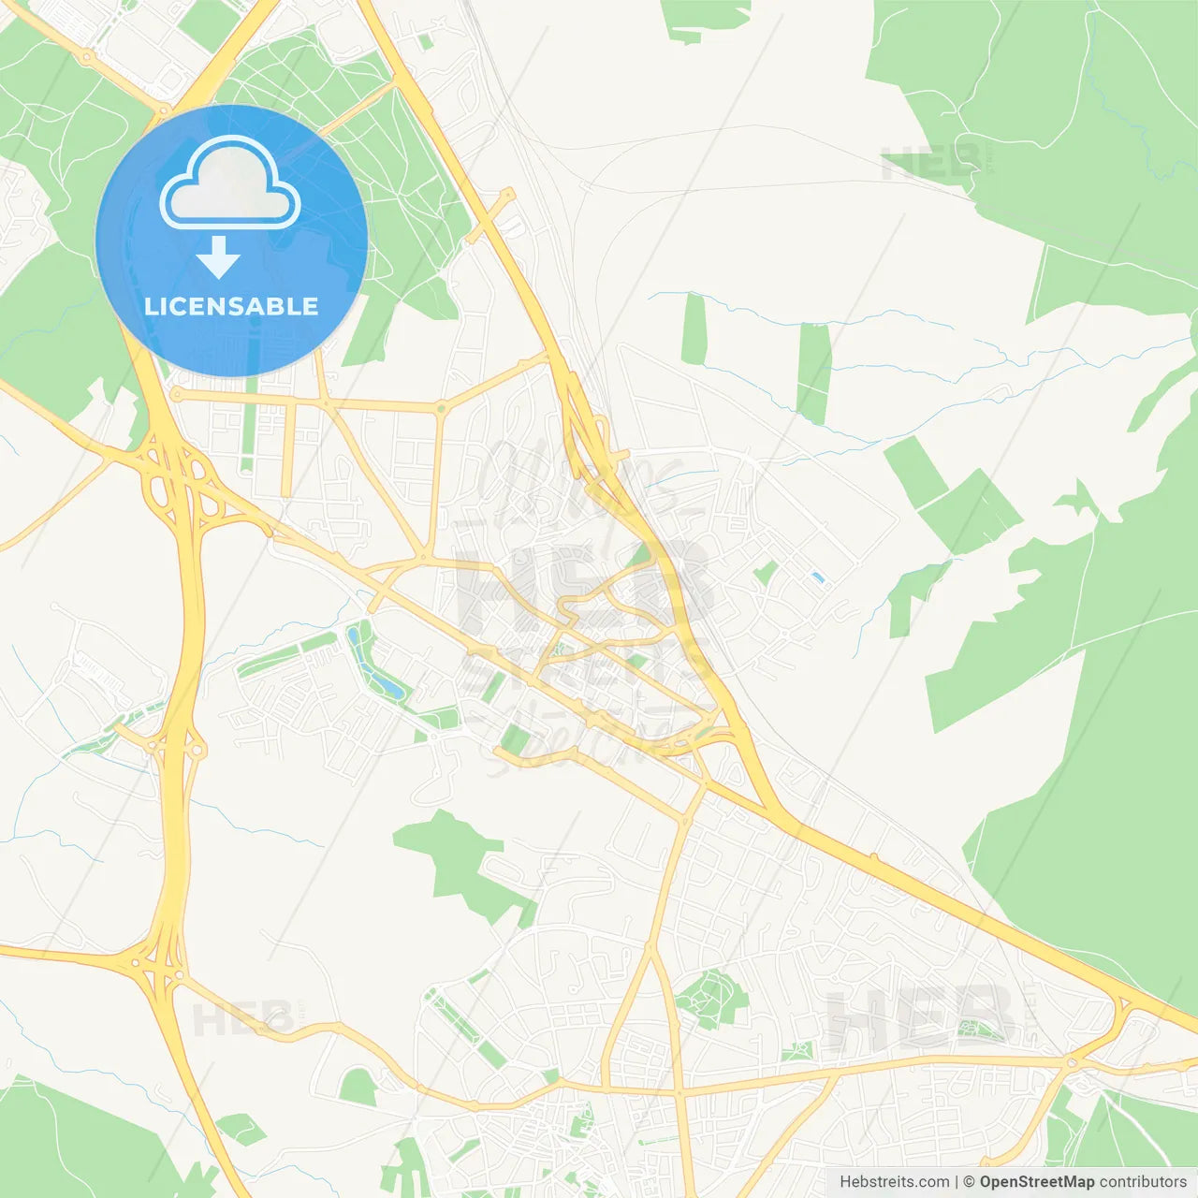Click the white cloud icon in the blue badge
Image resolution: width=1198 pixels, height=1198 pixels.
(x=230, y=183)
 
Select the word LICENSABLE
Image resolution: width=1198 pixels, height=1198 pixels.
(x=231, y=306)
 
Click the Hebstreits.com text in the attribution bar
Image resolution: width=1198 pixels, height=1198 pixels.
(x=894, y=1182)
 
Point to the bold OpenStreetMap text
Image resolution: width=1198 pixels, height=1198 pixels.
(x=1036, y=1182)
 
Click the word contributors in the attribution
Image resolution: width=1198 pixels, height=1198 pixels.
(x=1143, y=1182)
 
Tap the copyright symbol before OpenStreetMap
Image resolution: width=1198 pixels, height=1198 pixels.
(x=969, y=1182)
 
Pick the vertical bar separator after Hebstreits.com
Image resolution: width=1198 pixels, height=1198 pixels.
(x=957, y=1182)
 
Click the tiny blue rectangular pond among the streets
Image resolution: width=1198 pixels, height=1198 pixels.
(x=818, y=578)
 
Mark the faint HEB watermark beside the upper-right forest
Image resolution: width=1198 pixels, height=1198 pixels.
(x=930, y=165)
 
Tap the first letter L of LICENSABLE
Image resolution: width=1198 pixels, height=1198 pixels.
(x=150, y=306)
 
